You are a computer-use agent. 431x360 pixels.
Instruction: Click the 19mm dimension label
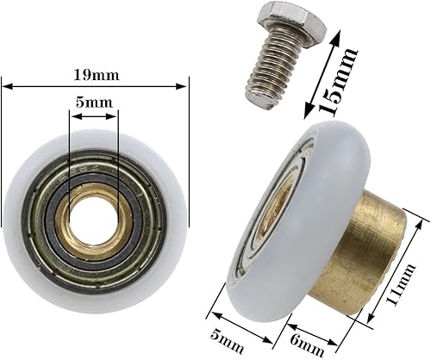click(x=96, y=74)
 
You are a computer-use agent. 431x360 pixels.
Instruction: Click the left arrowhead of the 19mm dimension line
click(x=7, y=84)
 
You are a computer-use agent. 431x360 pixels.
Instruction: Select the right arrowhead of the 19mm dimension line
click(x=183, y=84)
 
